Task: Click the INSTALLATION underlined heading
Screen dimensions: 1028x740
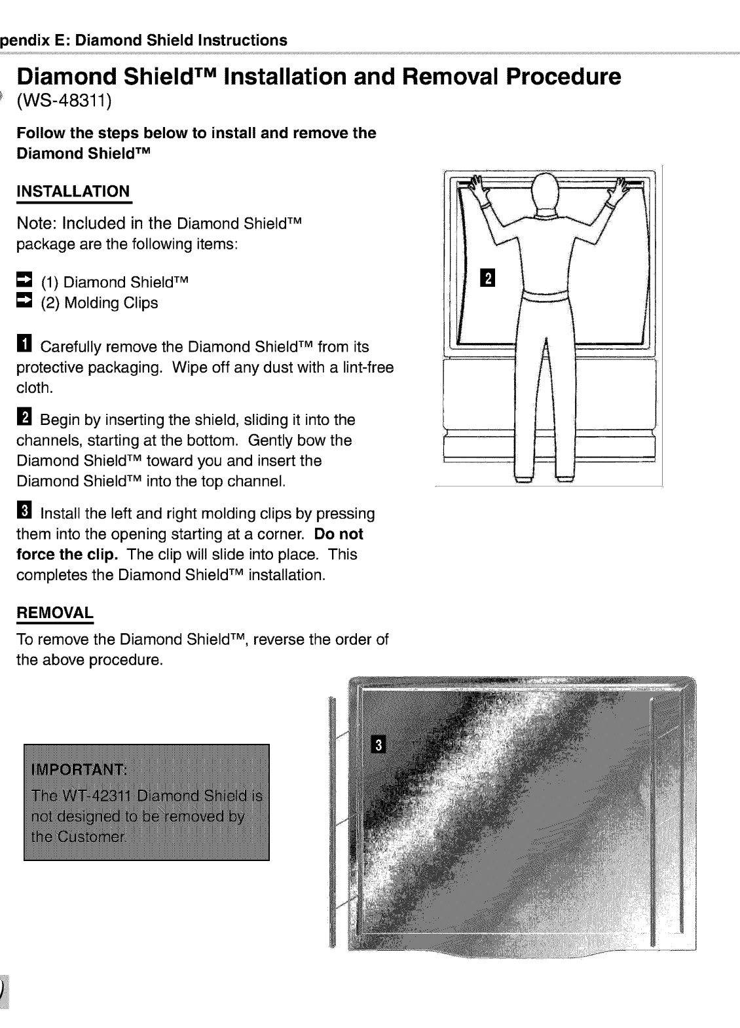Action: click(73, 192)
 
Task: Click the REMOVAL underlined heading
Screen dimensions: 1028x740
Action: click(55, 614)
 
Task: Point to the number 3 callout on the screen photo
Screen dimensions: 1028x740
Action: click(379, 746)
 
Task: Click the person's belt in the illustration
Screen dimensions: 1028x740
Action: click(545, 296)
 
